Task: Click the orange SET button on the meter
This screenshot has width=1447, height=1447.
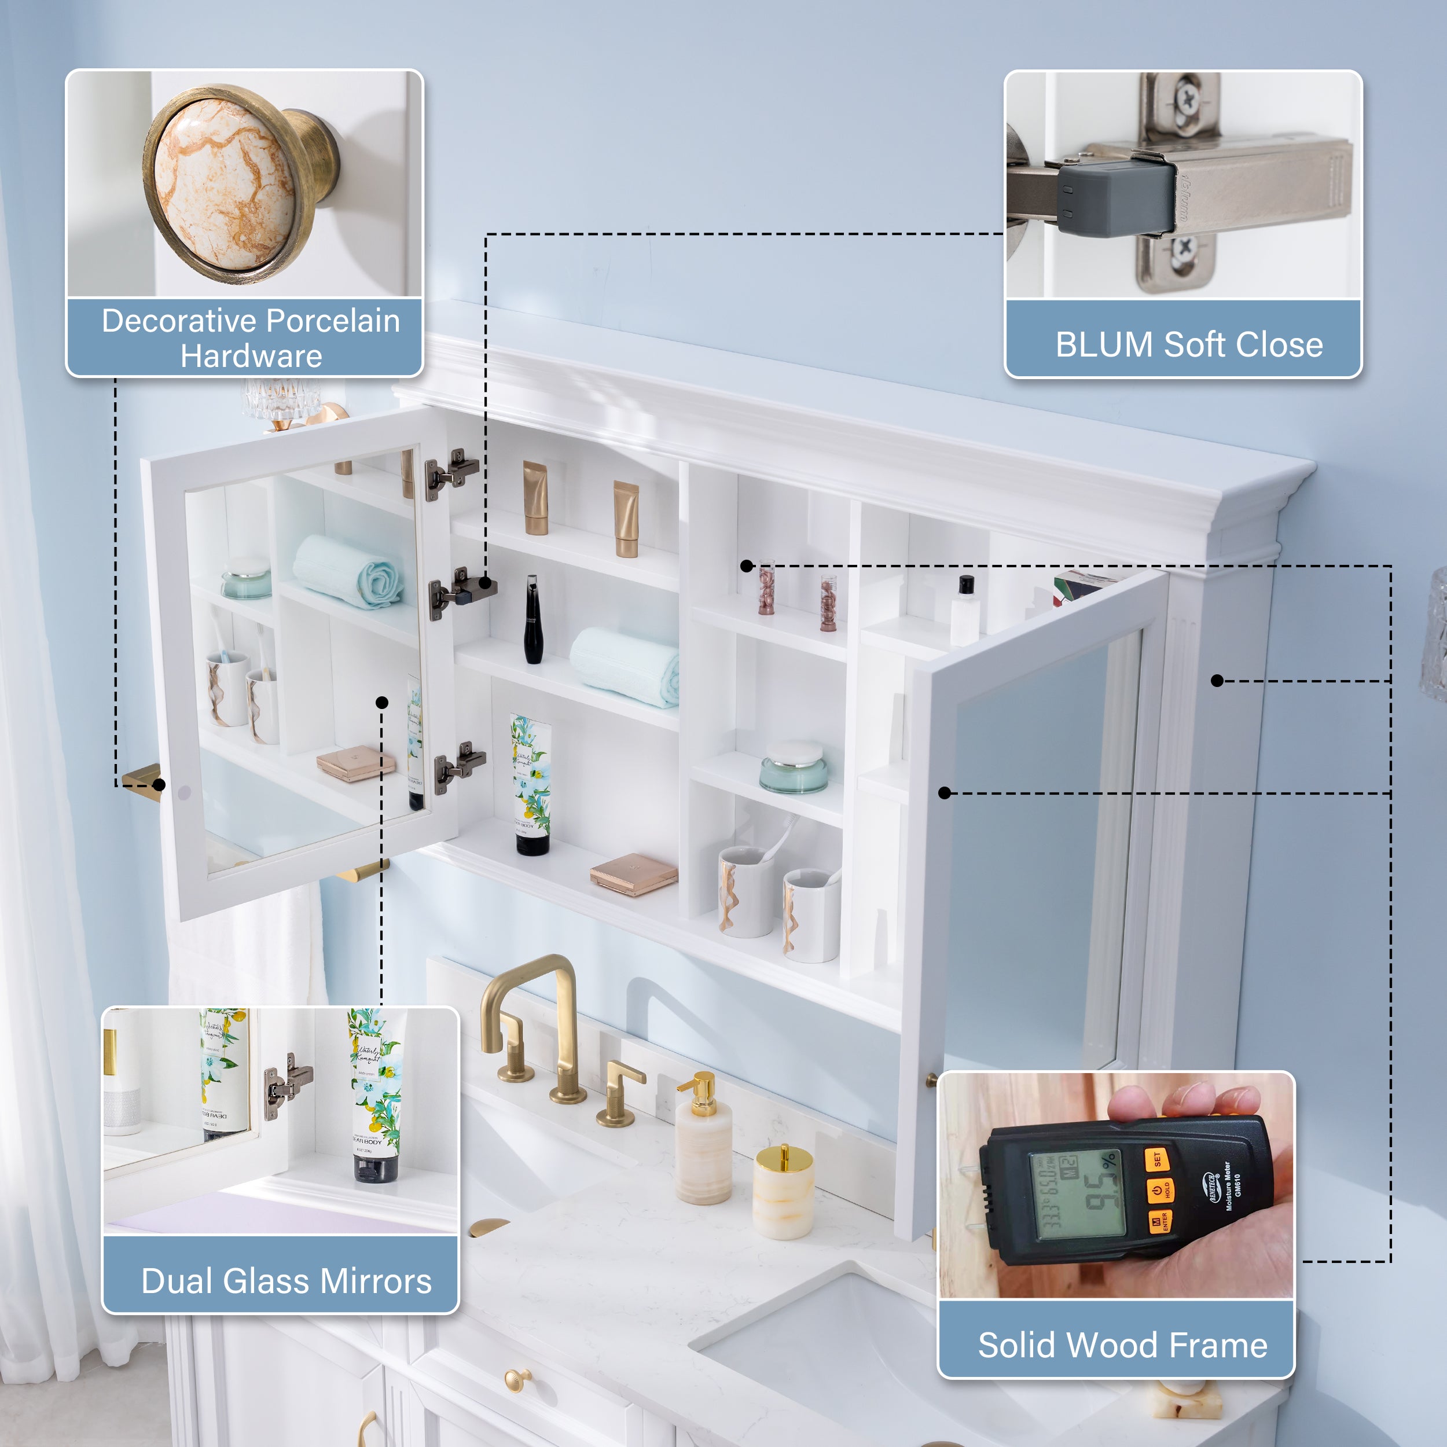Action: pyautogui.click(x=1157, y=1160)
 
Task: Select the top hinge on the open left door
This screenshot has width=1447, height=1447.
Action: pyautogui.click(x=451, y=473)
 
